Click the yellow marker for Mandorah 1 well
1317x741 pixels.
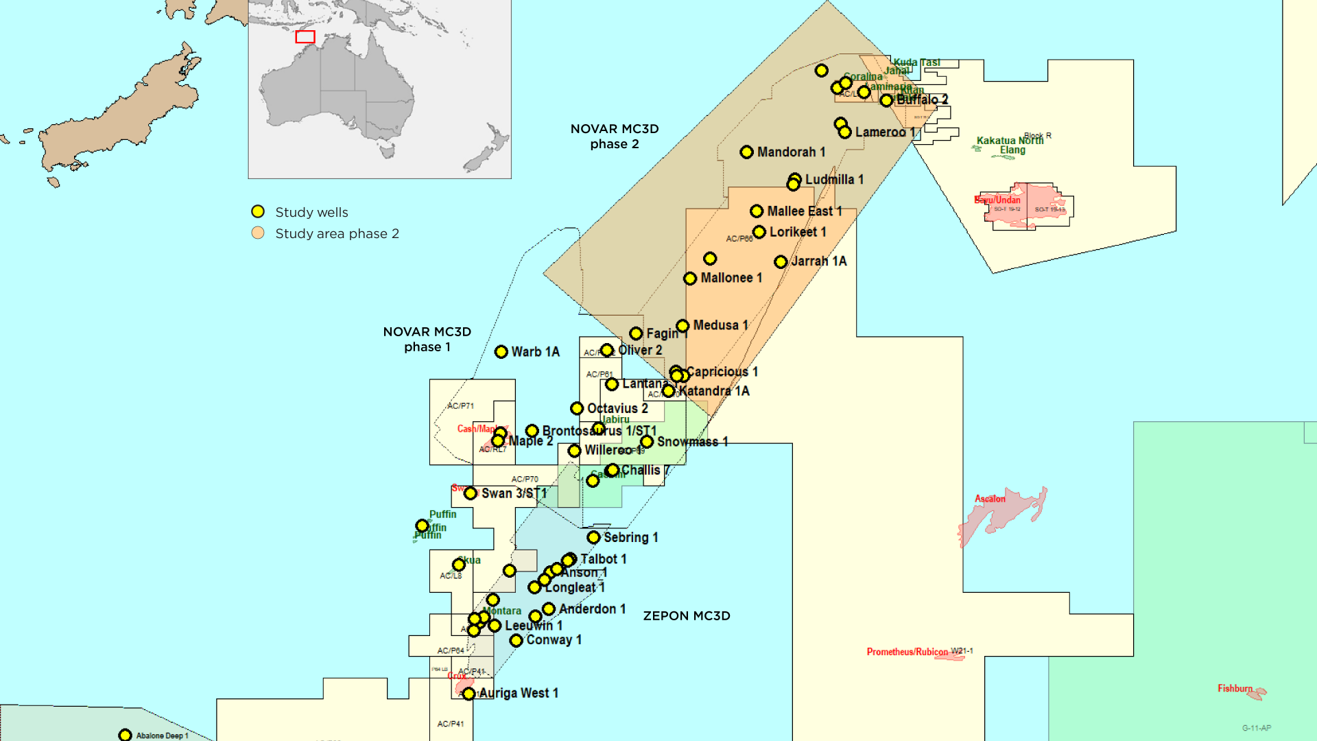point(746,152)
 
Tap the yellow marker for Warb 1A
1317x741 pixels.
point(501,352)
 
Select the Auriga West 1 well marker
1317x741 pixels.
point(468,694)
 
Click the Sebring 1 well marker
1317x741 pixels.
point(593,537)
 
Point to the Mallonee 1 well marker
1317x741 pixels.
point(690,279)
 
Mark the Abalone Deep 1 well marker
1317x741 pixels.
point(125,736)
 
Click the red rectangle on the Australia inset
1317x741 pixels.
point(305,37)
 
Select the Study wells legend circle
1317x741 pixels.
point(258,211)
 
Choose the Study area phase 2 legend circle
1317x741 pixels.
point(258,233)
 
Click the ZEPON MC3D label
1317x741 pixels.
point(686,616)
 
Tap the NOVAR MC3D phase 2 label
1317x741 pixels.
point(614,137)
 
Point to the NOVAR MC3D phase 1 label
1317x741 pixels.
point(427,340)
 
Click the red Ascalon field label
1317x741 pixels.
point(990,499)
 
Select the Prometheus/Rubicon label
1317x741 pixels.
point(907,652)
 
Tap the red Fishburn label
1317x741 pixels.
point(1235,688)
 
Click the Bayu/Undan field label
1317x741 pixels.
point(997,200)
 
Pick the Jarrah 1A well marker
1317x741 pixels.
point(781,262)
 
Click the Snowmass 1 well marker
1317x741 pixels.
point(647,442)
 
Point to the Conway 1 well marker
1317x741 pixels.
point(516,641)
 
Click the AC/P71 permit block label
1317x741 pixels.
point(460,405)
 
